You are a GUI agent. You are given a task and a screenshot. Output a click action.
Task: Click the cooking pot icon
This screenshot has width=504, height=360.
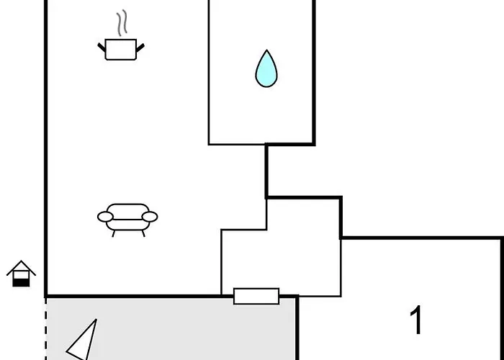[x=121, y=49]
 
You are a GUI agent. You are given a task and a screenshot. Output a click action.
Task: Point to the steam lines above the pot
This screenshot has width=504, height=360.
[x=122, y=22]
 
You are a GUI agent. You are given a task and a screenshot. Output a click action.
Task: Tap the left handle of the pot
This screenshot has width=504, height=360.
[x=102, y=48]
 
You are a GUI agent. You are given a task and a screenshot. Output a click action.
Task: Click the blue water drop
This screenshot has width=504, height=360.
[x=266, y=69]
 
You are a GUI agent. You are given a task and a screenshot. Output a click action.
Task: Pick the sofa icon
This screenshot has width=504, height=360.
[x=127, y=220]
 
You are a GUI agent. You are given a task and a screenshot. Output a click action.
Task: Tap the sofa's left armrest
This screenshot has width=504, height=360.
[x=105, y=217]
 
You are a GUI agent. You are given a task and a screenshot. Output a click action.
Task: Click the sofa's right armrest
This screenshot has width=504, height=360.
[x=150, y=217]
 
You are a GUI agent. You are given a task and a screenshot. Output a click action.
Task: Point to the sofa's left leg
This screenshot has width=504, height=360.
[x=114, y=234]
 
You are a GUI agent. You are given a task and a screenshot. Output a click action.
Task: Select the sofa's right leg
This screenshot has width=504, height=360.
[x=143, y=234]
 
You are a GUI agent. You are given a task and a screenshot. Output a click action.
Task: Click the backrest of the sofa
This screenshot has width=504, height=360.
[x=127, y=211]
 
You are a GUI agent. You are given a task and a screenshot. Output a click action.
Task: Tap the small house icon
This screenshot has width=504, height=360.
[x=21, y=274]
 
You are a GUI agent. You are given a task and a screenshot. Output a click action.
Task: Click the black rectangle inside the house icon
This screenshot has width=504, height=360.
[x=21, y=282]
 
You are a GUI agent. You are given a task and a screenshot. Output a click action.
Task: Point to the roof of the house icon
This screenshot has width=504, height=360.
[x=21, y=268]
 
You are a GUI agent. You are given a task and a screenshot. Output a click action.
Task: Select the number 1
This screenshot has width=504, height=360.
[x=416, y=320]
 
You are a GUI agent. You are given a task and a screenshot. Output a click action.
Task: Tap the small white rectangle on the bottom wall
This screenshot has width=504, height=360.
[x=256, y=296]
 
